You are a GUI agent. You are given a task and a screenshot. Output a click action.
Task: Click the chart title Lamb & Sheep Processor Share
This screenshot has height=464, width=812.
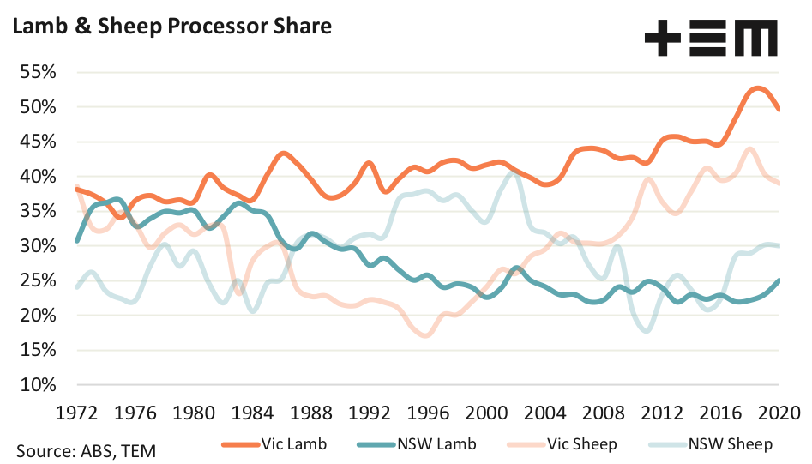[171, 27]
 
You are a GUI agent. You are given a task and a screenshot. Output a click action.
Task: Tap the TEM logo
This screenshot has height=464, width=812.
[711, 39]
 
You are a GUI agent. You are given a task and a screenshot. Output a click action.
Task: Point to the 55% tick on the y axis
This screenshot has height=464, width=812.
[37, 72]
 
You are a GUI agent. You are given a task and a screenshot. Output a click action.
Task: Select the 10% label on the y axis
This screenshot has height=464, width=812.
[37, 384]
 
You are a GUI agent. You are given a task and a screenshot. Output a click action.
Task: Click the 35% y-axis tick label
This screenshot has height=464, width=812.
[37, 211]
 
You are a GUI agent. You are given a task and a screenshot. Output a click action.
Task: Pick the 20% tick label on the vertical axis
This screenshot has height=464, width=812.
[37, 315]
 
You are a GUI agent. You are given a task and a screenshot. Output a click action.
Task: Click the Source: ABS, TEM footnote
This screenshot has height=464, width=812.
[84, 449]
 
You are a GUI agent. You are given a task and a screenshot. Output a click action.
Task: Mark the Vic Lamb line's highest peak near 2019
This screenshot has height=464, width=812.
[756, 88]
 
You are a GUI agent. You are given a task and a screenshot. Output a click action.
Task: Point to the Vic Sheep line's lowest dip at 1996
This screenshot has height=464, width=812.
[425, 335]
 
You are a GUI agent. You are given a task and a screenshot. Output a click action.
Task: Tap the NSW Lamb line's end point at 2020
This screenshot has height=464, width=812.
[779, 280]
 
